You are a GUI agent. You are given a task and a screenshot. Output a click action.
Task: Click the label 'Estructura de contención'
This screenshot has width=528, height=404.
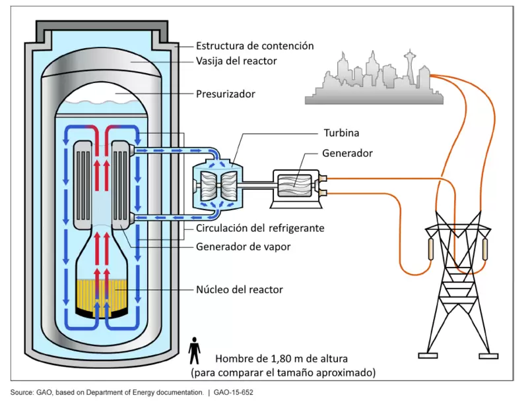[x=254, y=46]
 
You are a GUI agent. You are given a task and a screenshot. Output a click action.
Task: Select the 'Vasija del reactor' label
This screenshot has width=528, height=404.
[x=236, y=61]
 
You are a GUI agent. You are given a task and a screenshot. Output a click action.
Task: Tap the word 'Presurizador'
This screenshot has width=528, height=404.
[x=225, y=94]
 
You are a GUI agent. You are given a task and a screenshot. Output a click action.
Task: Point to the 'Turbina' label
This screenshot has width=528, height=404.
[x=341, y=132]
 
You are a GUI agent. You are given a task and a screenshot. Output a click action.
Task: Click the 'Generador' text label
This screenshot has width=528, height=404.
[x=347, y=153]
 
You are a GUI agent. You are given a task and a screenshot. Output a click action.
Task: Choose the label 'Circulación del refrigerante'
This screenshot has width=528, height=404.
[x=263, y=229]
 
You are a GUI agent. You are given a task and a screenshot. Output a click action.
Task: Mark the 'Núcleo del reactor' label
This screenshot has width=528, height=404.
[x=239, y=290]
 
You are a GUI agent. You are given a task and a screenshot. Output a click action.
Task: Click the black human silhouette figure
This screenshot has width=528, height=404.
[x=194, y=351]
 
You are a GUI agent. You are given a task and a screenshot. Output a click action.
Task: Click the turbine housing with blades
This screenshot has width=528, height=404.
[x=218, y=182]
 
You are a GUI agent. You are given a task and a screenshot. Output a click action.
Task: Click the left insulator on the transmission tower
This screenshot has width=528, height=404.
[x=432, y=250]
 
